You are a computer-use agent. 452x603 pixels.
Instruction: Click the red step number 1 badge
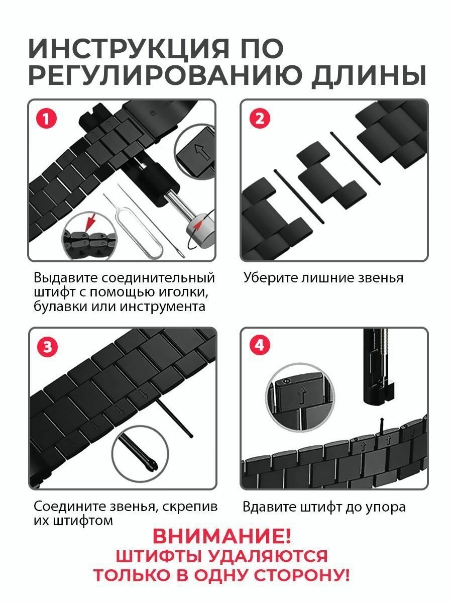pyautogui.click(x=46, y=119)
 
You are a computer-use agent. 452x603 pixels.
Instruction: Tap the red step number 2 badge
pyautogui.click(x=259, y=119)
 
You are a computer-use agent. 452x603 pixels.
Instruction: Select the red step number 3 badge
pyautogui.click(x=48, y=347)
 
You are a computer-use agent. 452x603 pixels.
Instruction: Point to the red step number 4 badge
pyautogui.click(x=260, y=345)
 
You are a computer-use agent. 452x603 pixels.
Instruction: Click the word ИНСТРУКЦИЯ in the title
pyautogui.click(x=129, y=49)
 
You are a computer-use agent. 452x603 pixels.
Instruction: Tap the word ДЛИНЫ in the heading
pyautogui.click(x=369, y=75)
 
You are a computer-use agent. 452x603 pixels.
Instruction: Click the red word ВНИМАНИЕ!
pyautogui.click(x=221, y=536)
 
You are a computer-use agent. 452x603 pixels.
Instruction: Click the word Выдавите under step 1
pyautogui.click(x=65, y=277)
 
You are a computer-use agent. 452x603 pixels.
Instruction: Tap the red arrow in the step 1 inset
pyautogui.click(x=89, y=222)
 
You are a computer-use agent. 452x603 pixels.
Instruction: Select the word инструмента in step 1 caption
pyautogui.click(x=163, y=306)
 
